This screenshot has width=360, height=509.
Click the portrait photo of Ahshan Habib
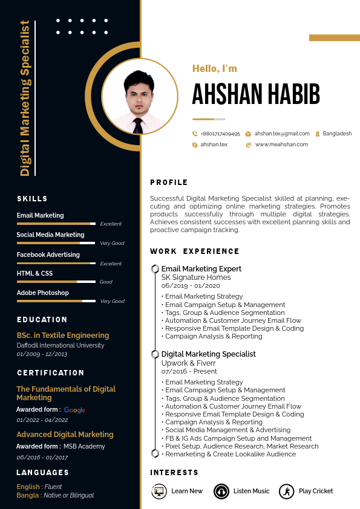[x=140, y=97]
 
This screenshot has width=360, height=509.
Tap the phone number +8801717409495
[x=220, y=134]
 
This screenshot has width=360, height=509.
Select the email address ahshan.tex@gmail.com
[x=282, y=134]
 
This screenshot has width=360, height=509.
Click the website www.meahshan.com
[x=281, y=144]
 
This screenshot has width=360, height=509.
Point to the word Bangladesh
[x=337, y=134]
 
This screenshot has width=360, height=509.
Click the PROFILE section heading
[x=169, y=183]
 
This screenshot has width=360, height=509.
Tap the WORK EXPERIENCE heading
[x=195, y=251]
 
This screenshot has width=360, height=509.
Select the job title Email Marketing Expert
[x=201, y=269]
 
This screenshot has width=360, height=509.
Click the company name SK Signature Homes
[x=196, y=277]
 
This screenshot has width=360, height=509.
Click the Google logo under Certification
[x=74, y=410]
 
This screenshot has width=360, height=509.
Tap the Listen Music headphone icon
[x=221, y=491]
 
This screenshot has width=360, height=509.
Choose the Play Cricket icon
[x=287, y=491]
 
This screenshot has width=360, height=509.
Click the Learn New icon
[x=159, y=491]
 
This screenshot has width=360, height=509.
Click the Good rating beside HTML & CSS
[x=106, y=282]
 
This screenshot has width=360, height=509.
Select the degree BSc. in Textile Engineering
[x=63, y=336]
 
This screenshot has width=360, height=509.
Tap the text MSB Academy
[x=84, y=447]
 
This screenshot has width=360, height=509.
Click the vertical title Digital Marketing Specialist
[x=25, y=98]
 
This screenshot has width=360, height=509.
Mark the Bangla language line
[x=55, y=496]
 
